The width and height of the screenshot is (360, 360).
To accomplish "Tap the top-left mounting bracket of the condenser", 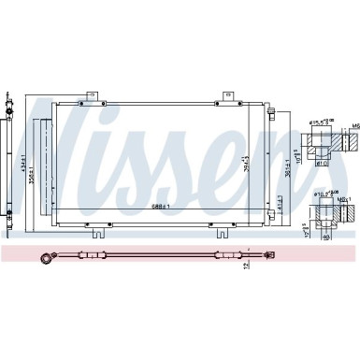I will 91,94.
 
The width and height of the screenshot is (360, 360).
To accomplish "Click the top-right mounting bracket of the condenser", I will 226,94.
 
